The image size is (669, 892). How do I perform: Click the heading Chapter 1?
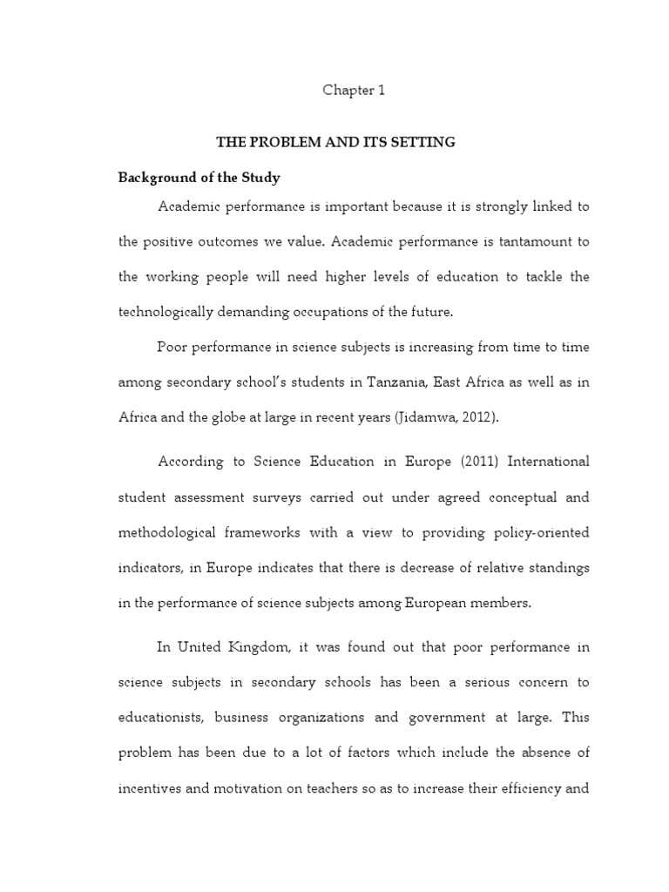[354, 91]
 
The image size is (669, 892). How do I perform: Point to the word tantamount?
[525, 241]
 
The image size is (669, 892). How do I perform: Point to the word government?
[450, 719]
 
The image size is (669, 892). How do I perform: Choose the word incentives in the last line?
[153, 789]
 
